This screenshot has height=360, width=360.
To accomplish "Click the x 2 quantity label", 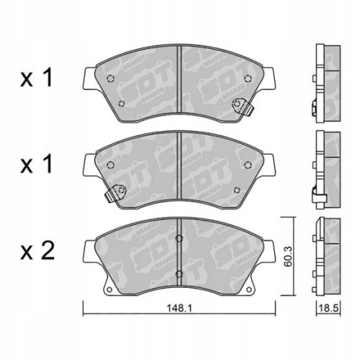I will point(37,251).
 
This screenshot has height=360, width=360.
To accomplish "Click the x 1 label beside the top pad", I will point(37,79).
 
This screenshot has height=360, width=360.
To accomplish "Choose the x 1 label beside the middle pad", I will point(37,166).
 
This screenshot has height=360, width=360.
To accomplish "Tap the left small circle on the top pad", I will point(110,80).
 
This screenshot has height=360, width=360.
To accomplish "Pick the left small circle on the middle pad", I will point(110,165).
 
